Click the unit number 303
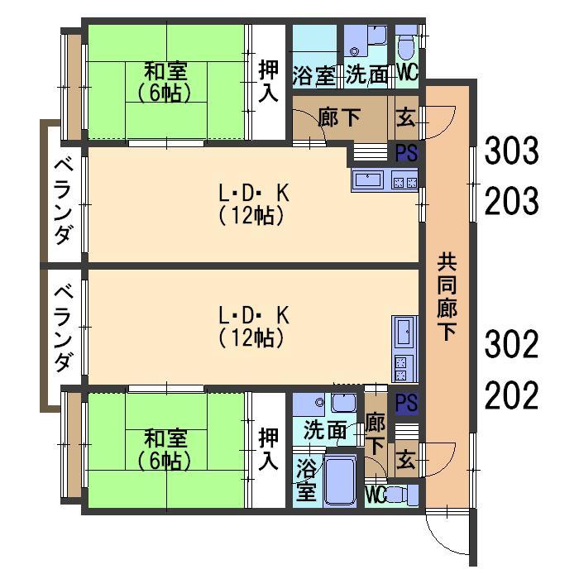[x=511, y=151]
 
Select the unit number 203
[x=511, y=200]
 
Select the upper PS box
[x=405, y=152]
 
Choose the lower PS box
[x=405, y=403]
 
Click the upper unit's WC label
[x=407, y=72]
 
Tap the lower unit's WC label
[x=376, y=495]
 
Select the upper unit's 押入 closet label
[x=268, y=81]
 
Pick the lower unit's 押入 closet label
[x=268, y=449]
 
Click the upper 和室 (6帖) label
[x=166, y=79]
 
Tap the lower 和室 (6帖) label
[x=166, y=447]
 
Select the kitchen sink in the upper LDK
[x=368, y=179]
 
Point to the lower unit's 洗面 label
[x=324, y=430]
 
